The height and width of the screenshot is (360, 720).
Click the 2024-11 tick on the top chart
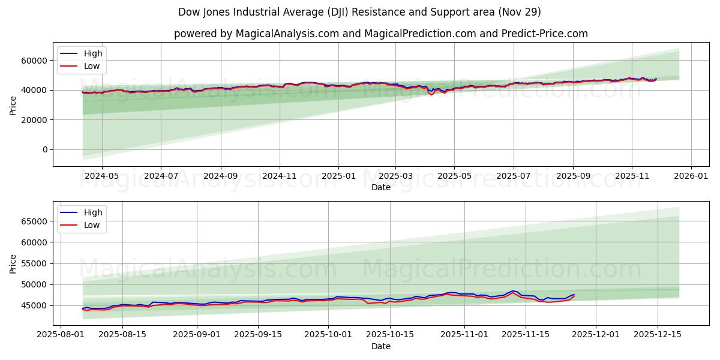pyautogui.click(x=280, y=176)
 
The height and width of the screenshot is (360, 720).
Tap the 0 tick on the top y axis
pyautogui.click(x=45, y=150)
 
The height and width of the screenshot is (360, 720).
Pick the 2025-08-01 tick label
pyautogui.click(x=59, y=335)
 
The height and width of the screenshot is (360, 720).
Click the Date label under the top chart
pyautogui.click(x=380, y=187)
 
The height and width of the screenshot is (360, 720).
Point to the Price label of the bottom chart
pyautogui.click(x=13, y=263)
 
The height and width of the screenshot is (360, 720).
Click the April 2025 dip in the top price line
pyautogui.click(x=431, y=94)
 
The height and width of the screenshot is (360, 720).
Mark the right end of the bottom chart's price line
pyautogui.click(x=574, y=295)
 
